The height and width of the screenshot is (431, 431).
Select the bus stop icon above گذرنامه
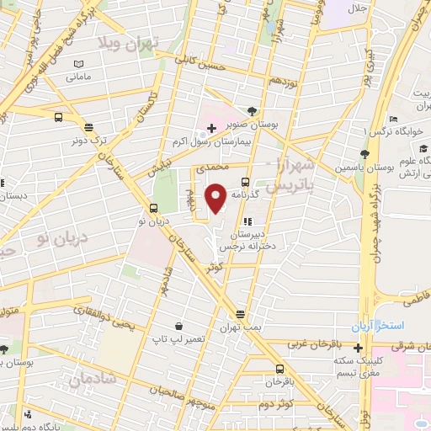click(245, 182)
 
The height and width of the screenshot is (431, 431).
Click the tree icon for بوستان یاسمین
click(364, 154)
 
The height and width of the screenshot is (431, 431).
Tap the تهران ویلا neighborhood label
click(124, 42)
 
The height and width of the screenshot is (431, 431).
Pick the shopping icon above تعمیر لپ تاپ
click(178, 326)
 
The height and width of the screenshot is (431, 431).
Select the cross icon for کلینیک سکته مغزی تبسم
click(359, 349)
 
